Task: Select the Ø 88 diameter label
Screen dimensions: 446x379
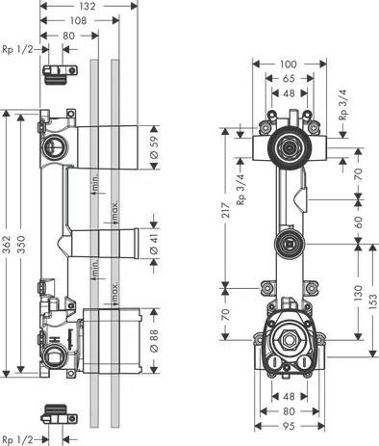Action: tap(153, 340)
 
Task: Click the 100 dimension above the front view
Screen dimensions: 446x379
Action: tap(289, 62)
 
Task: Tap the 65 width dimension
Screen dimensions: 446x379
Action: tap(289, 77)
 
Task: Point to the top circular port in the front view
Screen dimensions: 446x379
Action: tap(286, 147)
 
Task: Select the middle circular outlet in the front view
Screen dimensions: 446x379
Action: tap(287, 243)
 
